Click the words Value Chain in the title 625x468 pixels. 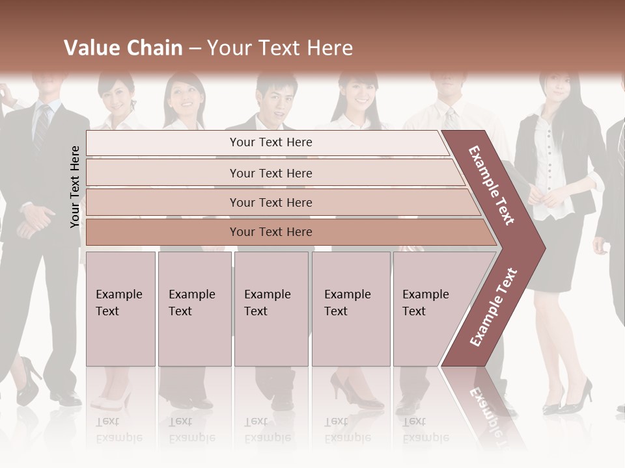[x=123, y=48]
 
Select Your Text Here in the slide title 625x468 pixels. [x=280, y=48]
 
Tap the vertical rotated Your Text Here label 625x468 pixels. [x=75, y=187]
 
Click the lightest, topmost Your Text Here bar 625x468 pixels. [x=270, y=142]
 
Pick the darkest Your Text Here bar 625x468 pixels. [x=270, y=232]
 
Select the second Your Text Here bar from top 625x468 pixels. [x=270, y=173]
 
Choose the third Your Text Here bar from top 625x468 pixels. [x=270, y=202]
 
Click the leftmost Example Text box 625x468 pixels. [x=120, y=309]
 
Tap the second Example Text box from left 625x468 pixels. [x=195, y=309]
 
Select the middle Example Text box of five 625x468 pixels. [x=271, y=309]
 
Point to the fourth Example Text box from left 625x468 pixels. [x=351, y=309]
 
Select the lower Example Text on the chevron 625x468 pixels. [x=493, y=307]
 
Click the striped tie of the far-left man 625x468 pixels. [x=42, y=127]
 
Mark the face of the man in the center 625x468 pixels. [x=273, y=101]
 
